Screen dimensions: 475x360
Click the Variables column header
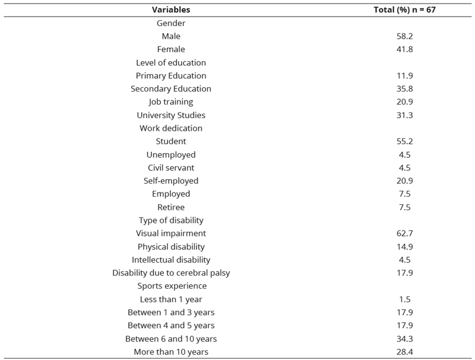coord(171,10)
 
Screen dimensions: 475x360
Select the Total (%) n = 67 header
coord(404,10)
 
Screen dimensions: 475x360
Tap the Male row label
coord(171,36)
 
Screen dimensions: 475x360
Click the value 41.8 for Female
coord(404,49)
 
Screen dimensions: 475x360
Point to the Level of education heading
coord(171,62)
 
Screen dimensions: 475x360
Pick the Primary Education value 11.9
coord(404,75)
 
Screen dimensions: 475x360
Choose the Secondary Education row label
coord(171,89)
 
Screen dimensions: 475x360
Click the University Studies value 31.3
coord(404,115)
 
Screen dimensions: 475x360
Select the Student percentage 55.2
coord(404,141)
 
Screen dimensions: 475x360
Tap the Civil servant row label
coord(171,168)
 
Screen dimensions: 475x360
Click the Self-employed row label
coord(171,181)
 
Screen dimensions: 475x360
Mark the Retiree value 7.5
coord(404,207)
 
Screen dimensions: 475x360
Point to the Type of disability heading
coord(171,220)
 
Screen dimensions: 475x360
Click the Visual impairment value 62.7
coord(404,233)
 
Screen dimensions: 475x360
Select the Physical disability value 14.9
coord(404,247)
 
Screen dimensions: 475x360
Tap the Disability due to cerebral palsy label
coord(171,273)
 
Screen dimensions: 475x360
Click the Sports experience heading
coord(172,286)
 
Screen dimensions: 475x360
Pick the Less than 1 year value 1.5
coord(404,299)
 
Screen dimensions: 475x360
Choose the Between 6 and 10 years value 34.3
coord(404,339)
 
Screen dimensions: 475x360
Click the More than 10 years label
coord(171,352)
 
